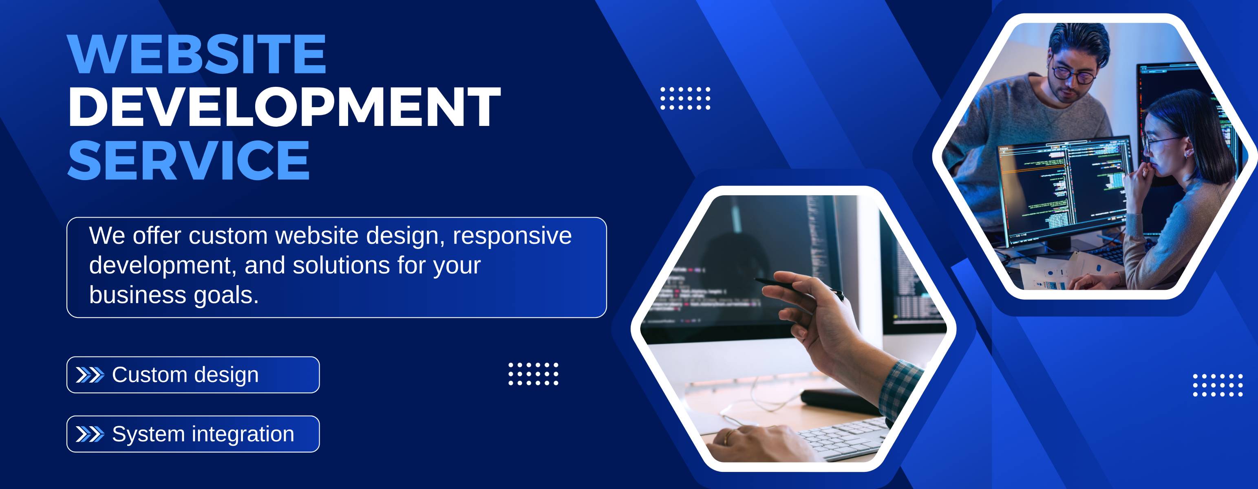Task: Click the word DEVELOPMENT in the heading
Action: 284,107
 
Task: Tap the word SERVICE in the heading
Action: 188,160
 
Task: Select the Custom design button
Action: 193,375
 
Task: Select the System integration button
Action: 193,434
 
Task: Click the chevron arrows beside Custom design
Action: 90,375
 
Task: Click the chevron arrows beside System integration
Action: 90,434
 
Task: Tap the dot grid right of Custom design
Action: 533,374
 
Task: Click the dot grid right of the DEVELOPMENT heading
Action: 685,98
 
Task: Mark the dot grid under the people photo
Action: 1218,385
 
